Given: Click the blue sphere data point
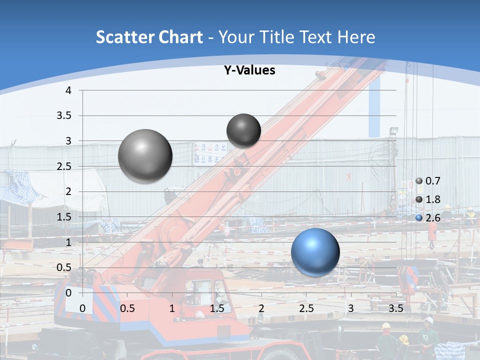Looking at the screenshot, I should click(315, 252).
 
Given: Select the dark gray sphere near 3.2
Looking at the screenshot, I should click(243, 130).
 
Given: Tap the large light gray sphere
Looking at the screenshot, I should click(145, 156).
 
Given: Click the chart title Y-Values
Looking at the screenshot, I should click(249, 70).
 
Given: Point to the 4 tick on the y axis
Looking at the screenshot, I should click(68, 90).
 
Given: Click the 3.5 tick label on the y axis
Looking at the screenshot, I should click(64, 116).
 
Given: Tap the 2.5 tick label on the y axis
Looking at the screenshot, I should click(64, 166).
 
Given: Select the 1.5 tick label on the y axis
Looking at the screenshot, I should click(64, 217).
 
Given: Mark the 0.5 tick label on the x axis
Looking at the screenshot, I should click(127, 308).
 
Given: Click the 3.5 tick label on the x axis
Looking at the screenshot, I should click(395, 308).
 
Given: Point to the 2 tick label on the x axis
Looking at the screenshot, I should click(261, 308).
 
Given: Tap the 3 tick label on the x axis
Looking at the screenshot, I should click(350, 308).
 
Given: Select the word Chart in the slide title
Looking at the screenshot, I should click(180, 37).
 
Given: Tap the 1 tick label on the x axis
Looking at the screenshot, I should click(172, 308).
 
